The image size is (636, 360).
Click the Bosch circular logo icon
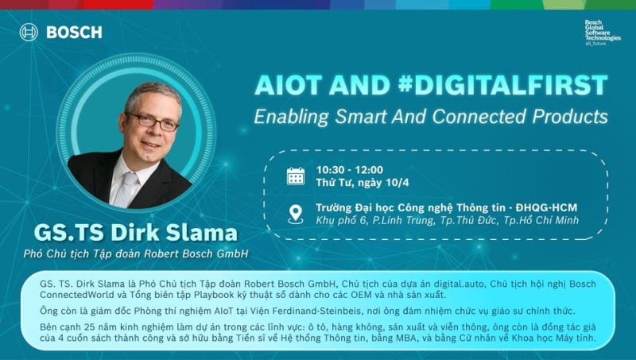pyautogui.click(x=29, y=33)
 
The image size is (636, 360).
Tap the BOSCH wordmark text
pyautogui.click(x=74, y=33)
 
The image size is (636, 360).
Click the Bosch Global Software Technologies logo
pyautogui.click(x=603, y=33)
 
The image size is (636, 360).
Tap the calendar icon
pyautogui.click(x=296, y=176)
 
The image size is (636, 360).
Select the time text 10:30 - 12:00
pyautogui.click(x=349, y=169)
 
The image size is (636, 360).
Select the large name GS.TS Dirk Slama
pyautogui.click(x=135, y=234)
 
